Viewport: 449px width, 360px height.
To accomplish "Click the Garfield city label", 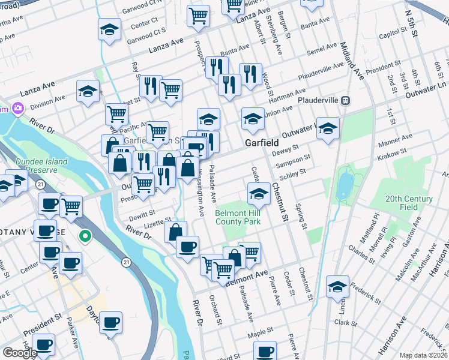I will (261, 143).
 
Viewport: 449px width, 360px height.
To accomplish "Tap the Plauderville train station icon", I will (346, 101).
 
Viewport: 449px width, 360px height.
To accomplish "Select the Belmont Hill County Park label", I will (238, 217).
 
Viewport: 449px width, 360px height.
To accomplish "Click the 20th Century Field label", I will (409, 203).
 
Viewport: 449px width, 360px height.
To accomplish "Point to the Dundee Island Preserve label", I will (42, 166).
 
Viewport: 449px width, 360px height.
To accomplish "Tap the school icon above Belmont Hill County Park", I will (259, 193).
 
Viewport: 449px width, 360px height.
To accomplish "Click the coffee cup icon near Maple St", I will (265, 351).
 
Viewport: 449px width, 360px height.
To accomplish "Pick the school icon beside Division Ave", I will (88, 92).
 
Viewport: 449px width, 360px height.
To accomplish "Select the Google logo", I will (20, 353).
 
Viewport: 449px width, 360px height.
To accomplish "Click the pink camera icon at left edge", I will (18, 108).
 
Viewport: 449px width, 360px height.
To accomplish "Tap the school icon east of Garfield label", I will (328, 128).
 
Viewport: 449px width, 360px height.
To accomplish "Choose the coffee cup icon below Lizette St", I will (187, 245).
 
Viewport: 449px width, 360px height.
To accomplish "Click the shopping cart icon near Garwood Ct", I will (198, 16).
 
